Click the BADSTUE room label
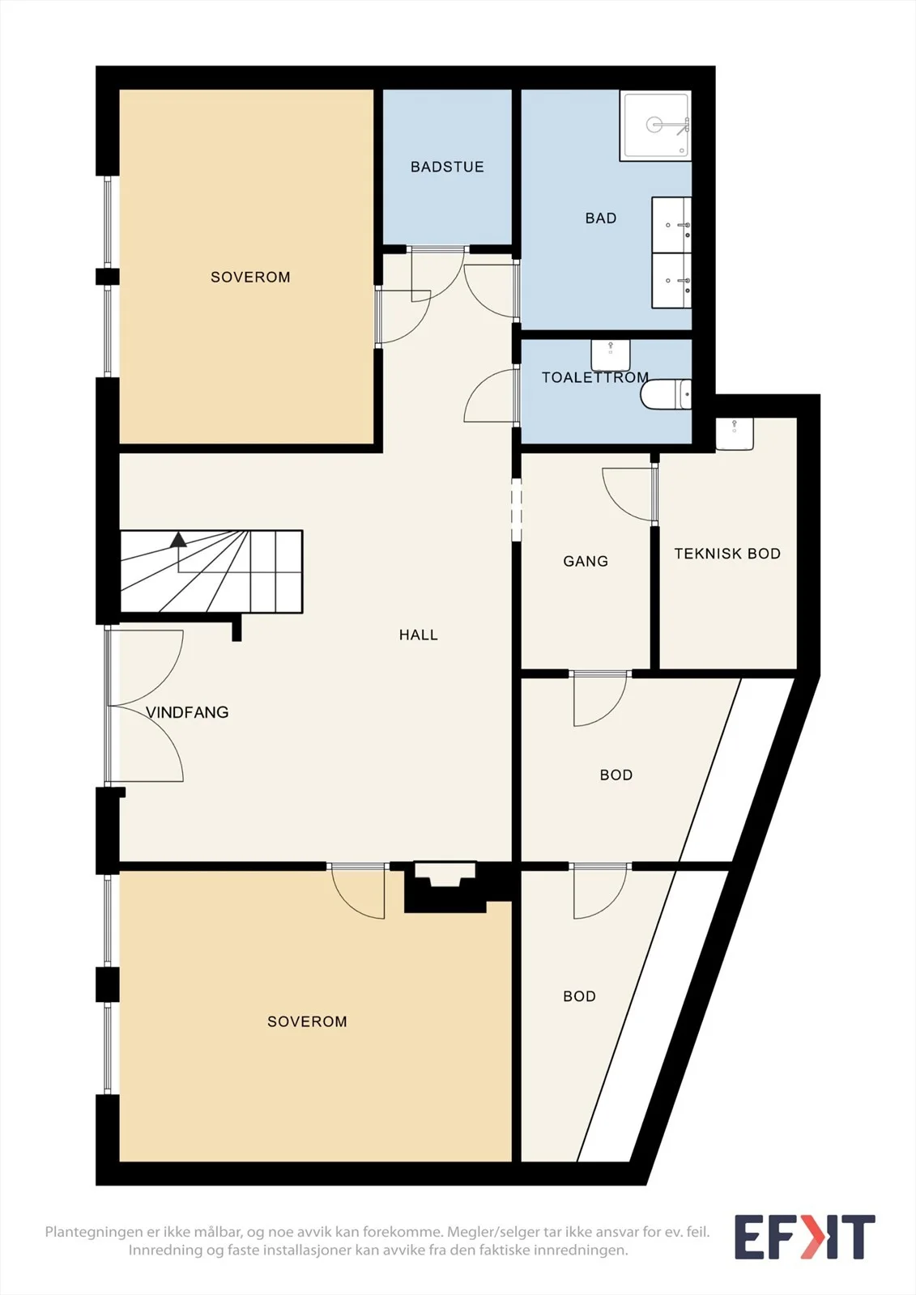point(447,167)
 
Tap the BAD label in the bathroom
point(601,219)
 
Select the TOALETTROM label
point(594,377)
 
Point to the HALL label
point(418,635)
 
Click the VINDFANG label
point(187,712)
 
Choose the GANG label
point(586,561)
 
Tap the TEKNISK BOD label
point(727,554)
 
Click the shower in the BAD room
point(655,125)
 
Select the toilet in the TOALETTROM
point(666,394)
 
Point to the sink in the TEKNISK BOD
point(735,434)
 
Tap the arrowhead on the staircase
point(178,539)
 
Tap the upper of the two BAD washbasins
point(671,225)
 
